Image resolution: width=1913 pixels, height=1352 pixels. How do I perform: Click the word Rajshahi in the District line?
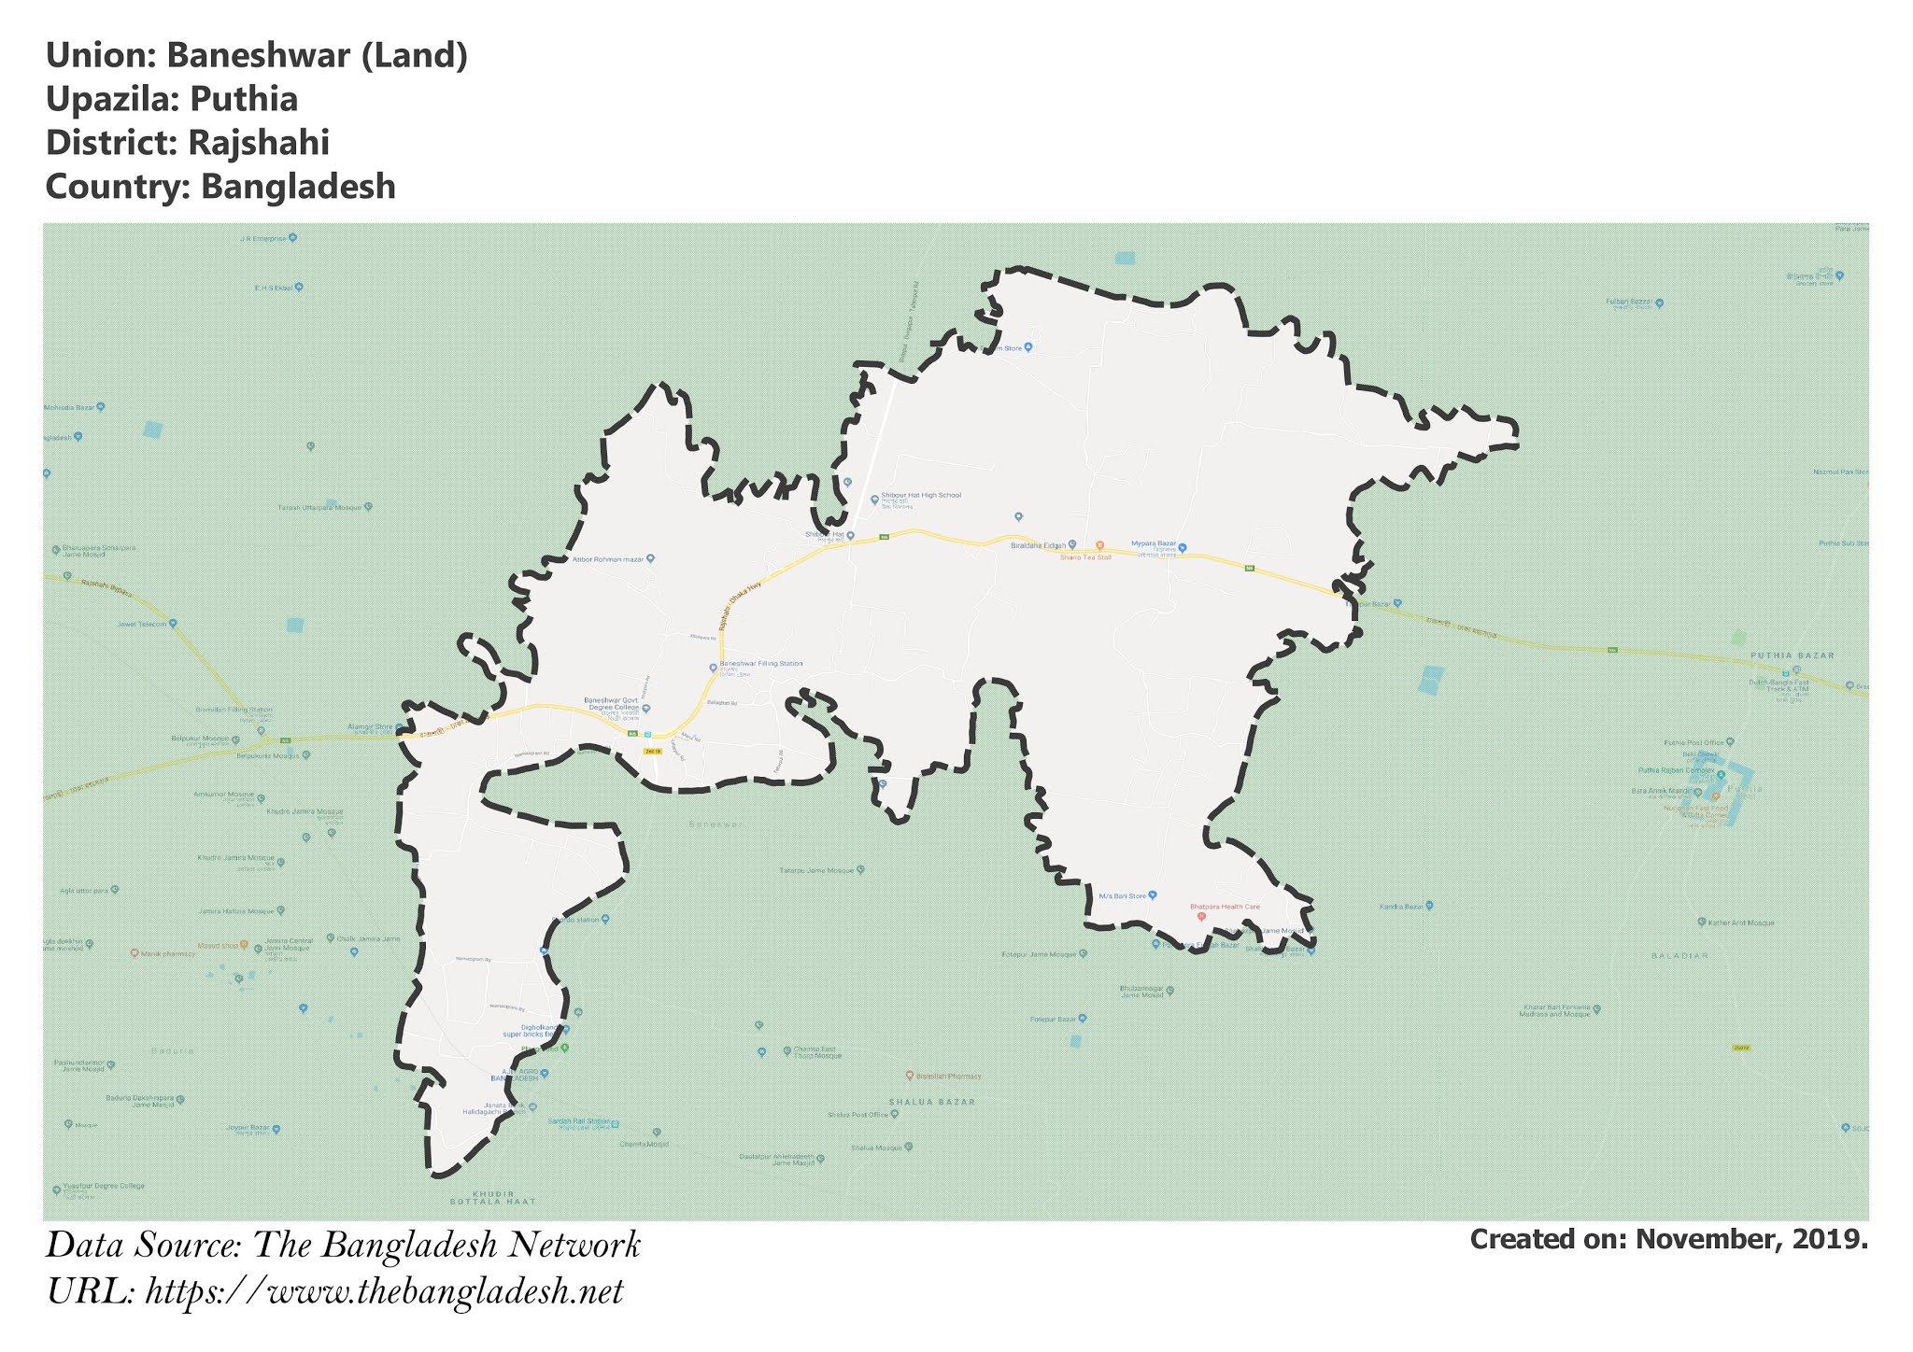[258, 143]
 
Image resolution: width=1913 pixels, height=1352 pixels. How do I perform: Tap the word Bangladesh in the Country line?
[298, 187]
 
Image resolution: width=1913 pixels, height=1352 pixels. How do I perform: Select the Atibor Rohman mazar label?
[609, 559]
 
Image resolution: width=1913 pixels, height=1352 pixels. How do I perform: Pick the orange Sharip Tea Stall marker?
[1099, 545]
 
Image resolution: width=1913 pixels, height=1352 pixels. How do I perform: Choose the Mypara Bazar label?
[1153, 542]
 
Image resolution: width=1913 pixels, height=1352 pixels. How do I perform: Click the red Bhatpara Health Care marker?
[1201, 916]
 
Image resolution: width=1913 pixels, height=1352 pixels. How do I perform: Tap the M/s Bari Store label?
[1122, 895]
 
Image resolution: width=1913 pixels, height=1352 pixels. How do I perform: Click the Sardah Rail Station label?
[579, 1121]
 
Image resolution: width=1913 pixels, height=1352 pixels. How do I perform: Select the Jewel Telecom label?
[141, 624]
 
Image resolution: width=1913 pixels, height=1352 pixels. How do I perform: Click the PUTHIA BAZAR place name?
[1792, 655]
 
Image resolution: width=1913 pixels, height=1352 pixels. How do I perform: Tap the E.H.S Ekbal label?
[274, 287]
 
